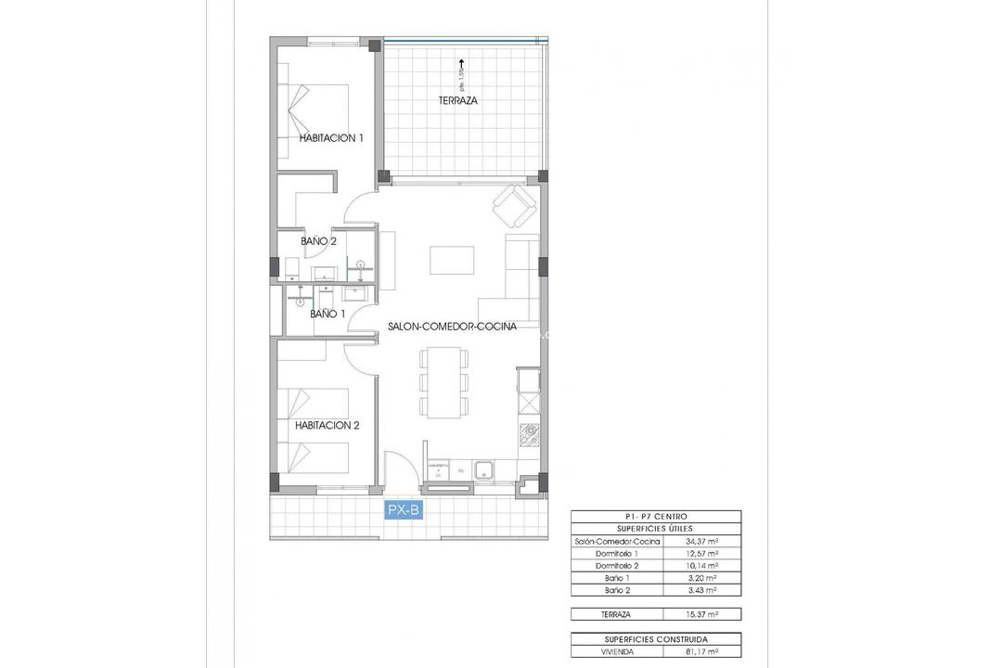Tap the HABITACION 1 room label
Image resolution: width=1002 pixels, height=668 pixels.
[331, 137]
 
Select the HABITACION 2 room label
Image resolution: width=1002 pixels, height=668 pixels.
[328, 426]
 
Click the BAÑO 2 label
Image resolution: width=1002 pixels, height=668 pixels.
[318, 241]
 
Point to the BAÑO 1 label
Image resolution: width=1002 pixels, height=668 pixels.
[328, 315]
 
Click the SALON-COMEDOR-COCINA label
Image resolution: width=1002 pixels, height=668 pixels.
[452, 327]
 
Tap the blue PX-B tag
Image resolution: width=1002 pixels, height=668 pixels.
[404, 508]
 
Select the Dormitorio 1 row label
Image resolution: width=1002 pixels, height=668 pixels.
[616, 553]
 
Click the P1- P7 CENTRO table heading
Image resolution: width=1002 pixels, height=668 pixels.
[656, 516]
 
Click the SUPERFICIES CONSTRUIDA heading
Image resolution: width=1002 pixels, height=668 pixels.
[656, 640]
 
